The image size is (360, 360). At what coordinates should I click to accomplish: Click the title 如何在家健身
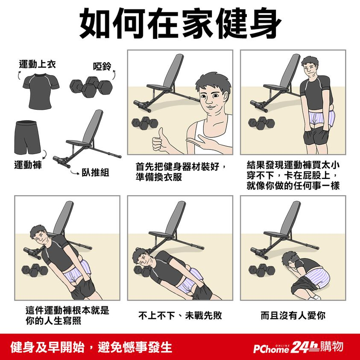(x=181, y=23)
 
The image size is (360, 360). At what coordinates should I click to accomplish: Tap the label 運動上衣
(x=38, y=64)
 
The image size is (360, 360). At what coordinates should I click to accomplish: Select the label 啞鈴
(x=102, y=66)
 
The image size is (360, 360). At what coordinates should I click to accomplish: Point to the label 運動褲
(x=28, y=165)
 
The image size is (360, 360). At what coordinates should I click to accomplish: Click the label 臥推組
(x=95, y=173)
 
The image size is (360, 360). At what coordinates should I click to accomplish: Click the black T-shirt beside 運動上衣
(x=41, y=91)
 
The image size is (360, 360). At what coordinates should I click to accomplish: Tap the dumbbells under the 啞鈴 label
(x=91, y=87)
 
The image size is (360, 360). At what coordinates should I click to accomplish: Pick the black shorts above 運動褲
(x=27, y=138)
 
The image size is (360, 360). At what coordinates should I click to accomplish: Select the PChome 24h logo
(x=299, y=347)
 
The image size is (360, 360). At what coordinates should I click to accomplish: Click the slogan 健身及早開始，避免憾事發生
(x=91, y=347)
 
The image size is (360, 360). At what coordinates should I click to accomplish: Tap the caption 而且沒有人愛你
(x=293, y=316)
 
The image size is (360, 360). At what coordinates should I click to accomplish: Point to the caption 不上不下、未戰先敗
(x=180, y=316)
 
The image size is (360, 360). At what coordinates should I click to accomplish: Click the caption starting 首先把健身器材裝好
(x=181, y=172)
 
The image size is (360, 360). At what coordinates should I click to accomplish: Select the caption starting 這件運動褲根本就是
(x=67, y=316)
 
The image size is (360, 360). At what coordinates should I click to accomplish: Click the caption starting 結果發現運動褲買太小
(x=293, y=175)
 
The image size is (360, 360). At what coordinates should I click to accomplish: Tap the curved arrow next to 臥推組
(x=75, y=172)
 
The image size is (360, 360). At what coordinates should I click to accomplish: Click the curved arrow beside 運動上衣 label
(x=19, y=75)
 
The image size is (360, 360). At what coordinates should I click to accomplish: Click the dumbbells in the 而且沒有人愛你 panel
(x=262, y=270)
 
